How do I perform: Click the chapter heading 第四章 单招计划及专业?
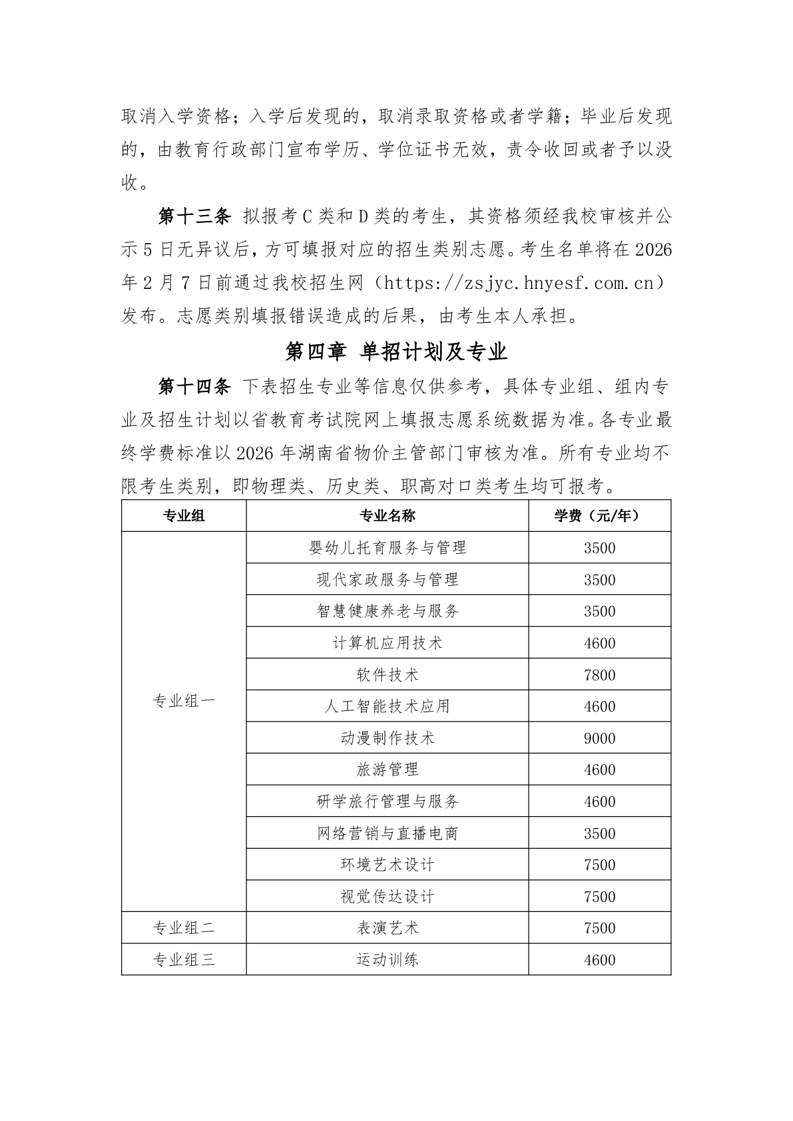[x=396, y=351]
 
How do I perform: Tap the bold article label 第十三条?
[x=194, y=216]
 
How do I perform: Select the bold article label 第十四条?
[x=194, y=386]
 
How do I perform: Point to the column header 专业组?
[x=184, y=516]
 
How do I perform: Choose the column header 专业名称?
[x=388, y=516]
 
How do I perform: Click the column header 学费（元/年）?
[x=599, y=516]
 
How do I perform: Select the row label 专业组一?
[x=184, y=701]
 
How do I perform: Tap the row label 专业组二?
[x=184, y=928]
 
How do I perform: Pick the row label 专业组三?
[x=184, y=960]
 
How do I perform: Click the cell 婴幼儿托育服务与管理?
[x=388, y=548]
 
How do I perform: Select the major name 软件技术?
[x=388, y=675]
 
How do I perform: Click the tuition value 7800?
[x=599, y=675]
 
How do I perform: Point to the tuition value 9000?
[x=599, y=738]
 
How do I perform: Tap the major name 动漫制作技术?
[x=388, y=738]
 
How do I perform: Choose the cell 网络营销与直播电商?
[x=388, y=833]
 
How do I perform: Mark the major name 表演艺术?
[x=388, y=928]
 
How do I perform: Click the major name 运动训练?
[x=388, y=960]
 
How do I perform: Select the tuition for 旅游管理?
[x=599, y=770]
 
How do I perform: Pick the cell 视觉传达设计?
[x=388, y=897]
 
